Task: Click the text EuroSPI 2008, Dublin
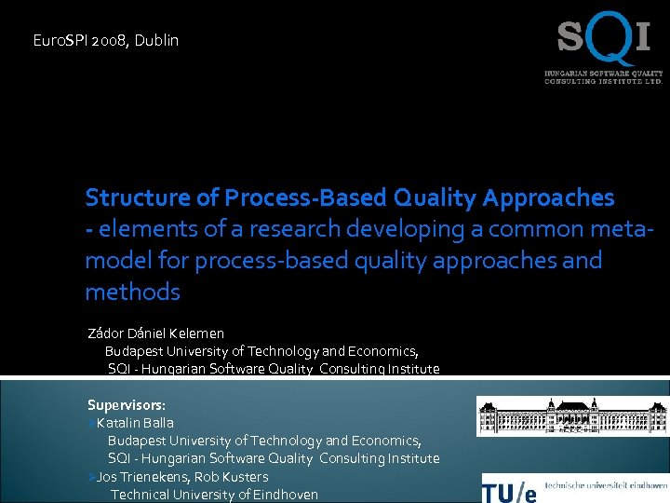(x=105, y=41)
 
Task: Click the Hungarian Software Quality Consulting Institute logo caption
(x=603, y=76)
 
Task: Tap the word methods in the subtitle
(x=132, y=292)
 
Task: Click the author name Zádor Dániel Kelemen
(x=155, y=333)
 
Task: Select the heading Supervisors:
(x=127, y=405)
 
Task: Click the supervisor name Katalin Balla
(x=135, y=423)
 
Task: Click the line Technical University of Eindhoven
(x=214, y=495)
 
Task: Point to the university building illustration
(x=571, y=416)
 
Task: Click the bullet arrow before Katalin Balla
(x=90, y=423)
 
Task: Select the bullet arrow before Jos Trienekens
(x=90, y=477)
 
